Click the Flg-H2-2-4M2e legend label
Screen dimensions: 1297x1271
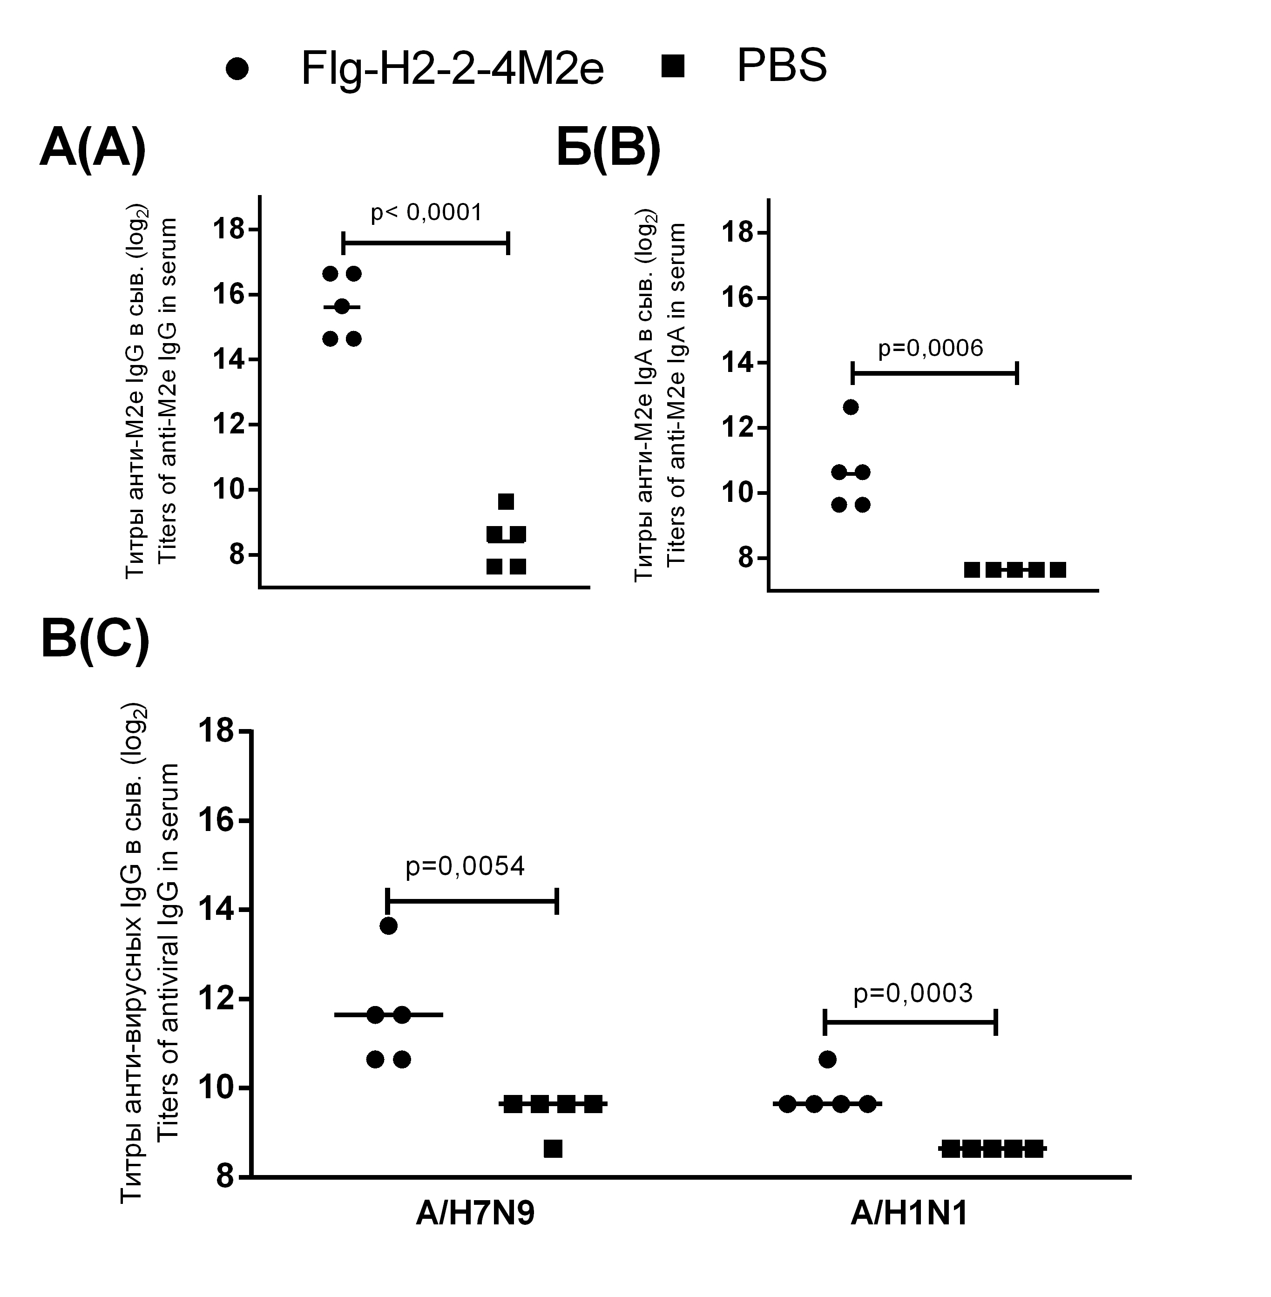tap(452, 68)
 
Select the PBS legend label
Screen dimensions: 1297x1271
tap(781, 66)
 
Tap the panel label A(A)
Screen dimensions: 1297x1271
tap(93, 149)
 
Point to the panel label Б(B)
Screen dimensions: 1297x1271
tap(608, 149)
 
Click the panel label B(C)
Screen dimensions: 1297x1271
tap(95, 640)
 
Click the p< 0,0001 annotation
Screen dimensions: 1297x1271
tap(426, 213)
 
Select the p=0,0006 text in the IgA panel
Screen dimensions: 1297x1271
tap(930, 348)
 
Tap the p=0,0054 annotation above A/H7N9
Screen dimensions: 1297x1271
tap(465, 866)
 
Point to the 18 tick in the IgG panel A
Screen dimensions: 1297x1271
tap(228, 230)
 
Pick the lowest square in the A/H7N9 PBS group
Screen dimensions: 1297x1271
tap(553, 1149)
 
